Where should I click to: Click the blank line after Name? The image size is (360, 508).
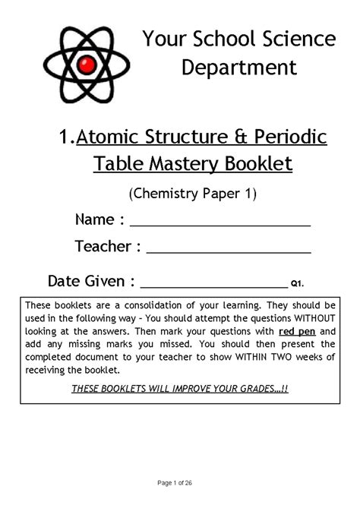pyautogui.click(x=220, y=225)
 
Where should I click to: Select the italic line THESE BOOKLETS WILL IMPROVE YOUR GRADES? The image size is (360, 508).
pyautogui.click(x=179, y=388)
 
